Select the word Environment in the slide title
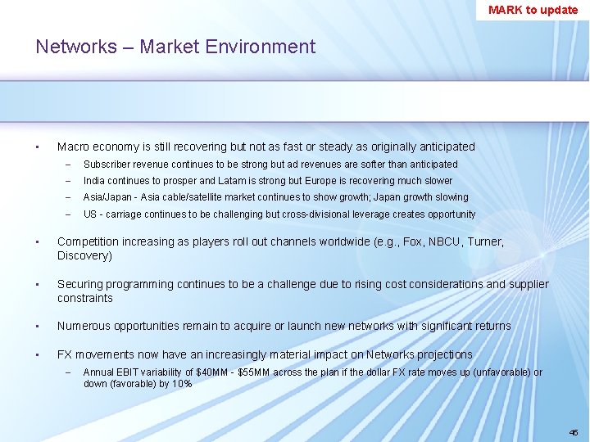263,47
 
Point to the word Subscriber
106,165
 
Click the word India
93,181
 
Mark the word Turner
482,241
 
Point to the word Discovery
82,255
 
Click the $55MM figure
254,372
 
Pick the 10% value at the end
181,383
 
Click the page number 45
573,431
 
